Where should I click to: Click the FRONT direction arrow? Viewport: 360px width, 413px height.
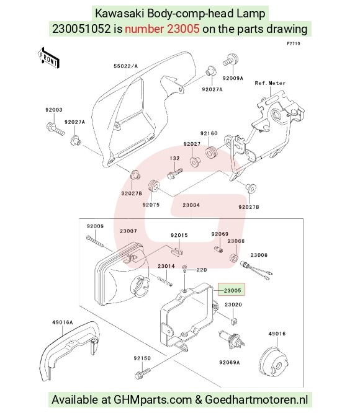(48, 58)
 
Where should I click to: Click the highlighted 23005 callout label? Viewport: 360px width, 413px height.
(232, 290)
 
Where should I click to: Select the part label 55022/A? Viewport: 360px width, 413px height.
(126, 66)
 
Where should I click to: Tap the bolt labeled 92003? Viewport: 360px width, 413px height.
(55, 129)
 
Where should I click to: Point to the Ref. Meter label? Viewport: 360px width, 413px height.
(270, 83)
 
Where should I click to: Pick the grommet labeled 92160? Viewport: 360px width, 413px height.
(211, 153)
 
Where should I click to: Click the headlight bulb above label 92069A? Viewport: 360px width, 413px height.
(231, 340)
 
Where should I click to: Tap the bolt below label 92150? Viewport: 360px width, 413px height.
(143, 373)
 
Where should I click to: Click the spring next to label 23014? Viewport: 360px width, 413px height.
(164, 281)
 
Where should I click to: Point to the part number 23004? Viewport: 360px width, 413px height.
(191, 205)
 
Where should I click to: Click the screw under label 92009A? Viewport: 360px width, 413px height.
(231, 60)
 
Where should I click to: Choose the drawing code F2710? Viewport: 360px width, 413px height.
(294, 43)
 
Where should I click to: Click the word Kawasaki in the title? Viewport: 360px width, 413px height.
(119, 14)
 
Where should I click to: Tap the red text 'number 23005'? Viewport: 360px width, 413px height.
(162, 29)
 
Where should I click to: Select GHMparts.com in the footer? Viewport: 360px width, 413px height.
(153, 399)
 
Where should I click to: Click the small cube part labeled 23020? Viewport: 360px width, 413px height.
(233, 321)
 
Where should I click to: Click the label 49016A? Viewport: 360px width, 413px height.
(62, 322)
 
